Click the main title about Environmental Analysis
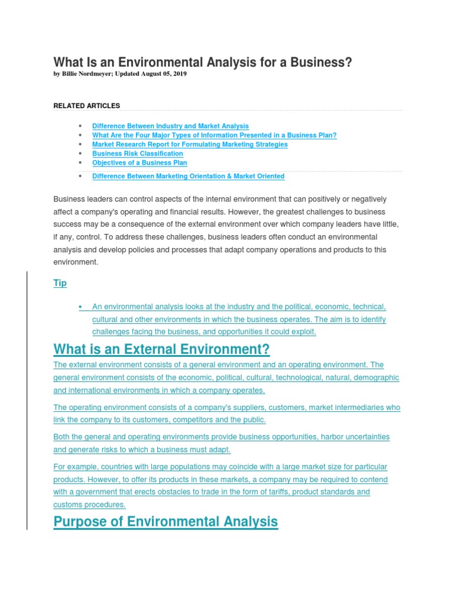click(x=202, y=62)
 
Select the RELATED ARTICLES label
click(x=86, y=106)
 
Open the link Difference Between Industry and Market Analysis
click(x=170, y=126)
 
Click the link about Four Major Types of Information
click(x=214, y=135)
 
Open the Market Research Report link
click(x=190, y=144)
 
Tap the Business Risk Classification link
click(x=138, y=154)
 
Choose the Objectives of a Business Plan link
click(x=140, y=162)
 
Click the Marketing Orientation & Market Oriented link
click(x=188, y=176)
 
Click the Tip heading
click(x=60, y=283)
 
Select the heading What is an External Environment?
click(x=161, y=349)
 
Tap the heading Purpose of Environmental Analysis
click(x=165, y=522)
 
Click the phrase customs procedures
click(x=89, y=505)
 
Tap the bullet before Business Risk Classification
click(x=79, y=154)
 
